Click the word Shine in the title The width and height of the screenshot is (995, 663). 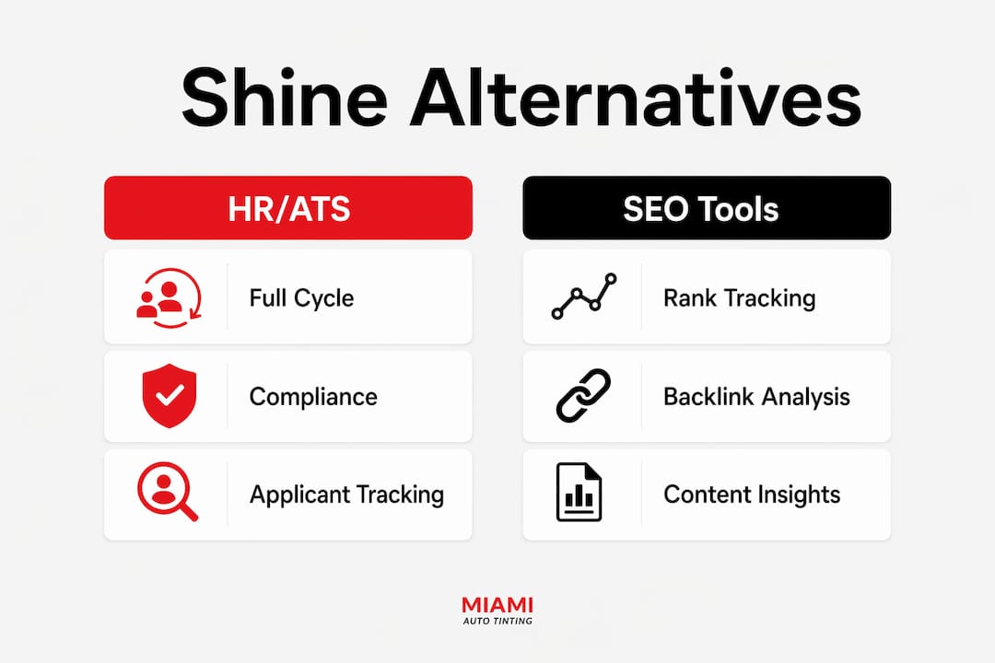[285, 98]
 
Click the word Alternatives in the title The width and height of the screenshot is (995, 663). [636, 98]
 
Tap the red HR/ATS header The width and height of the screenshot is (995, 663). [288, 208]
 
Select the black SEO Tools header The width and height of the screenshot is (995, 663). [707, 208]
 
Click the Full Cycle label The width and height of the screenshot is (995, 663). [301, 297]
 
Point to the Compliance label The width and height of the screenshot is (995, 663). [313, 397]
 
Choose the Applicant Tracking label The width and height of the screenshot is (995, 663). [346, 494]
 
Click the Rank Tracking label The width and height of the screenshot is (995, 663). [739, 297]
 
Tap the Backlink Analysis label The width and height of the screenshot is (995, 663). [756, 397]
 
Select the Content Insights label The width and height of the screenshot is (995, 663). [752, 494]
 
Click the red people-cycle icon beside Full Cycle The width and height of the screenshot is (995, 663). [169, 298]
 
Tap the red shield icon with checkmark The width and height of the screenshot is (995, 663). [170, 395]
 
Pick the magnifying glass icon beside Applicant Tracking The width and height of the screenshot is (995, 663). [168, 492]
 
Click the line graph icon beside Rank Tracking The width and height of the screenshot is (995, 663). [584, 296]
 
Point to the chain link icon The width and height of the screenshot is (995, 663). [583, 395]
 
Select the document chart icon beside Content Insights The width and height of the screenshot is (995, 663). [579, 493]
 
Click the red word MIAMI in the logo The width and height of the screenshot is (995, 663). [497, 605]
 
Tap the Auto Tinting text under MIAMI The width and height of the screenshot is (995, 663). [497, 622]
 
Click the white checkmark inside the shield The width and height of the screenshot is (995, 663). [170, 394]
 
